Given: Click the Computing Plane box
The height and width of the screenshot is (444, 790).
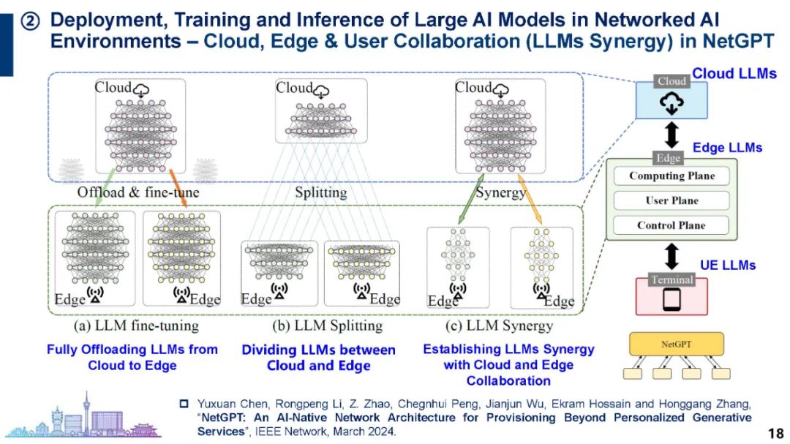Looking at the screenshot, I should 671,176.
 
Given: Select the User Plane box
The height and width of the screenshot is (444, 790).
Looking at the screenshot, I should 671,200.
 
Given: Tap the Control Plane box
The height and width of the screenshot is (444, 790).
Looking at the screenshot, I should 671,225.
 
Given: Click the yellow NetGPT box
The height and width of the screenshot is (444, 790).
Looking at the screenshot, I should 677,343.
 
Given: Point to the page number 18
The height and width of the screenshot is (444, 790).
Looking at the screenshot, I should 775,432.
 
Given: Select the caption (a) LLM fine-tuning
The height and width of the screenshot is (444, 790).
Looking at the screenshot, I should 135,325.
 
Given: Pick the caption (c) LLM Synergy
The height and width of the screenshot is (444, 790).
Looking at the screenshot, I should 499,325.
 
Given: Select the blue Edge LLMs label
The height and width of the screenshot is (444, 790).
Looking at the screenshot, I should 727,148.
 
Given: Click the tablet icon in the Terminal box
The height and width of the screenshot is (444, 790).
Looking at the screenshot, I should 671,299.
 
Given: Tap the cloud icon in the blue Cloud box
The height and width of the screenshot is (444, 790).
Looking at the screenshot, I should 671,105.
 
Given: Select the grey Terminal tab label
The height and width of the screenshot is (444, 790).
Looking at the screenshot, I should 671,279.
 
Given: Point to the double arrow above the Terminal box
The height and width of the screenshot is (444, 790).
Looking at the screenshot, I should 671,256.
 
